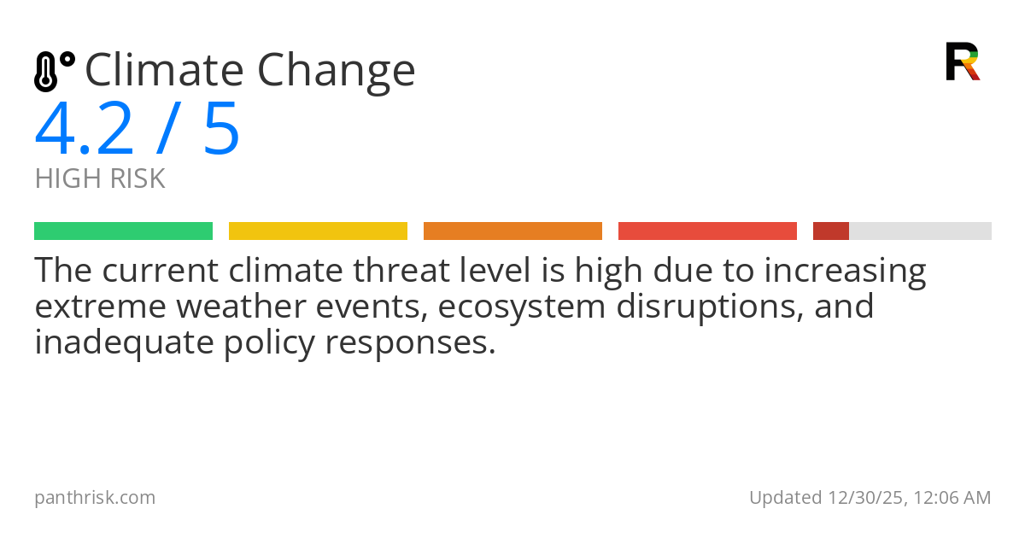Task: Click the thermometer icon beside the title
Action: click(x=54, y=71)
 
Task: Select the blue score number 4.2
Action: click(x=85, y=130)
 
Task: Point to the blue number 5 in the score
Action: click(x=221, y=130)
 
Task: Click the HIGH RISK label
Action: click(x=100, y=179)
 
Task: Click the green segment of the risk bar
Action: click(x=123, y=231)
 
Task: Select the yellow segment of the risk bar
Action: click(x=318, y=231)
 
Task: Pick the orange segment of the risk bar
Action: click(x=512, y=231)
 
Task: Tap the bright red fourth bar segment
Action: click(x=707, y=231)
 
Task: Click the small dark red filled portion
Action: click(x=830, y=231)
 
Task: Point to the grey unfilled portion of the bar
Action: click(x=920, y=231)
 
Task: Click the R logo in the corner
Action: click(x=963, y=61)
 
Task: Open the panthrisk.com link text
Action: click(x=95, y=498)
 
